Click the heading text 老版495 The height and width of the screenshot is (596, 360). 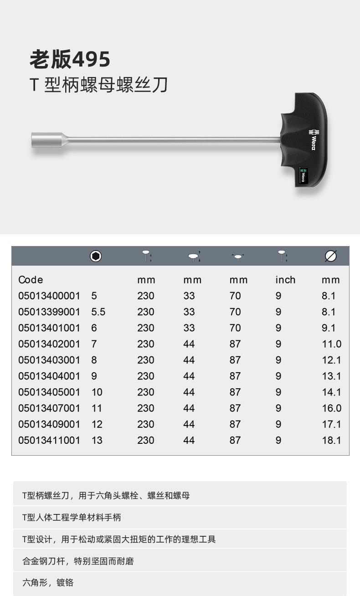click(70, 59)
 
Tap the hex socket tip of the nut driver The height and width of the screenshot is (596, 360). click(47, 140)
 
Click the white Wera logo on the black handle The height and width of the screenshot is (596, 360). click(312, 140)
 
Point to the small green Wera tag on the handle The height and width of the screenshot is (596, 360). click(303, 175)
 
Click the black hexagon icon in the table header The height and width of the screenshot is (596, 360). click(96, 256)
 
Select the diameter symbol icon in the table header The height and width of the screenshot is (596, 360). click(331, 256)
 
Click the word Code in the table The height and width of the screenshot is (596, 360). click(31, 280)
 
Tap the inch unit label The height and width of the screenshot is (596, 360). click(285, 280)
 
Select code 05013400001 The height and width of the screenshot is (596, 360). click(49, 296)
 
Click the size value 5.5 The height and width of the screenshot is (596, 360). click(98, 312)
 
